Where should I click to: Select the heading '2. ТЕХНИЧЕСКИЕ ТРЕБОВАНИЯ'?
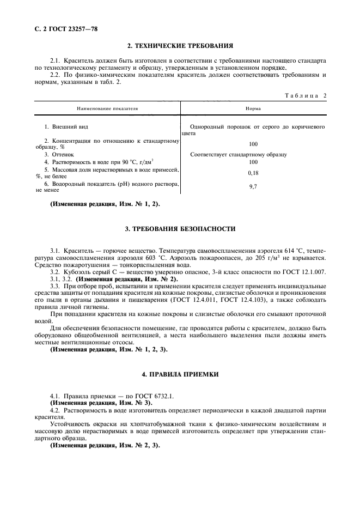coord(180,46)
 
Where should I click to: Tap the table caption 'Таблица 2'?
coord(306,95)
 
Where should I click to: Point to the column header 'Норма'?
coord(253,109)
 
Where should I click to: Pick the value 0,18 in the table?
coord(253,173)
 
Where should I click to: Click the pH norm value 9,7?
coord(253,187)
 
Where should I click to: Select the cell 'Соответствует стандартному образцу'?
coord(239,155)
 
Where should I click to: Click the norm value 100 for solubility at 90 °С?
coord(253,162)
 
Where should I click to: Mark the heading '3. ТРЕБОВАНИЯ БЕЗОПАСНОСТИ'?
coord(180,229)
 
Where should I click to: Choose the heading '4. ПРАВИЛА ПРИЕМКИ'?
coord(180,376)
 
